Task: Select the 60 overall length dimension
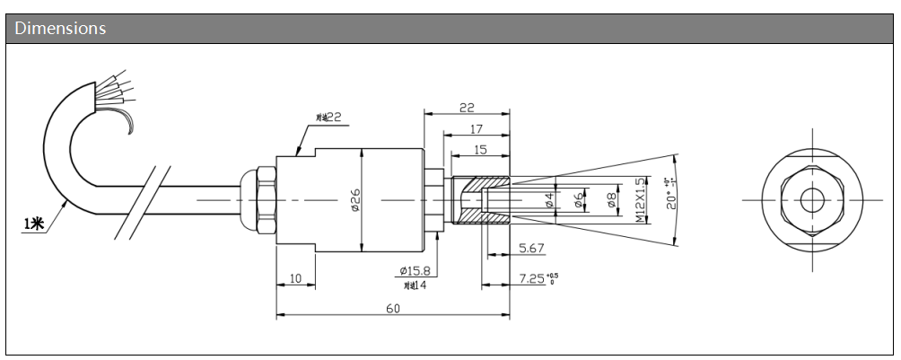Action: (x=393, y=308)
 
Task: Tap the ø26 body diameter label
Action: (x=354, y=199)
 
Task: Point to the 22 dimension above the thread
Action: (x=467, y=107)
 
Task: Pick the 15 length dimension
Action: (x=480, y=149)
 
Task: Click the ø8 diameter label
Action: (x=611, y=200)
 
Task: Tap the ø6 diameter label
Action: (x=580, y=199)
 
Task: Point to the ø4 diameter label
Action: (x=549, y=199)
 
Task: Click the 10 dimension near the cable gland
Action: (x=295, y=279)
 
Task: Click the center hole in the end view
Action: (x=812, y=198)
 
